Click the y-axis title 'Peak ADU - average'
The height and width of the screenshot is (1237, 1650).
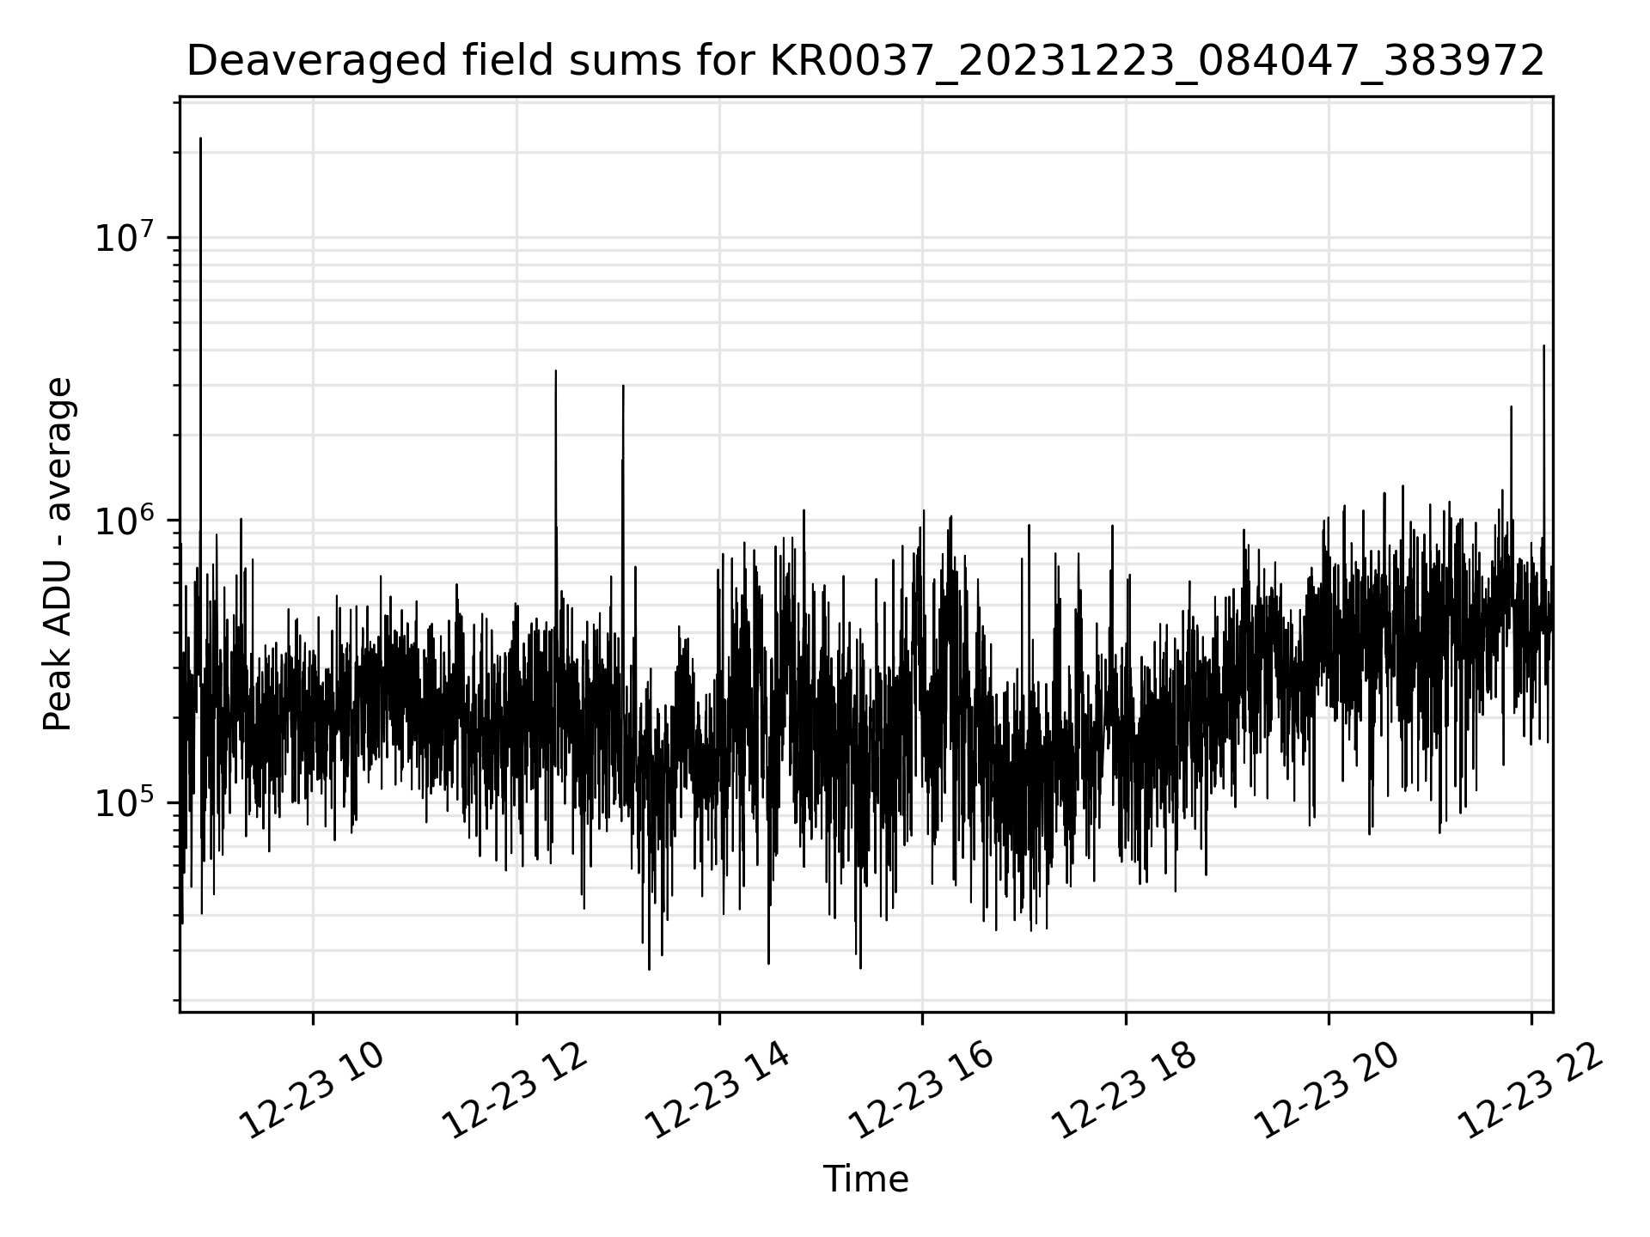(58, 554)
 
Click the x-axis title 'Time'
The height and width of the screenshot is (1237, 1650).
(865, 1179)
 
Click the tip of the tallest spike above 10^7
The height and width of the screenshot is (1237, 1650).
(200, 137)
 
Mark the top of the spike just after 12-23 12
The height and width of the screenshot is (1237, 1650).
(556, 371)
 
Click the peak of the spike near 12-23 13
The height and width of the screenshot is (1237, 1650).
(623, 386)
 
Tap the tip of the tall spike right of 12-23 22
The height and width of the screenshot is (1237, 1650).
(1543, 346)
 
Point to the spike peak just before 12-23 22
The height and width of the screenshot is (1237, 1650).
(1511, 407)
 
